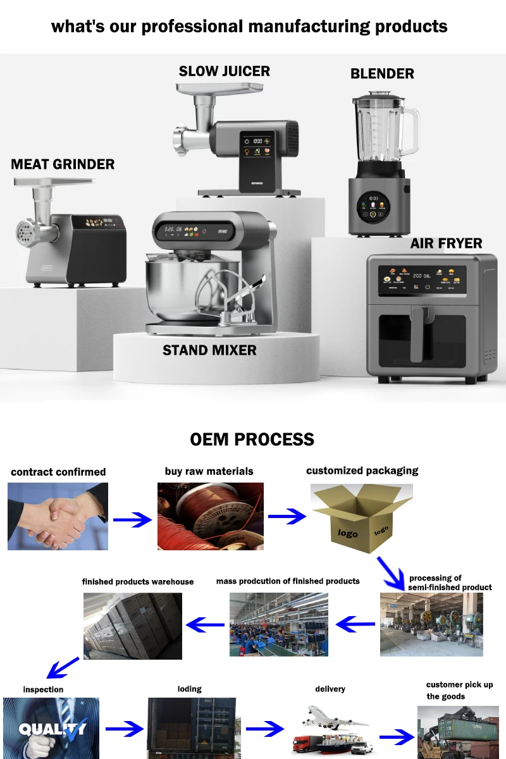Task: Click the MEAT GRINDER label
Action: [63, 164]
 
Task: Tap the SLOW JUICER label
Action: [224, 71]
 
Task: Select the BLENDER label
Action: [382, 74]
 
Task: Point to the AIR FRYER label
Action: [446, 244]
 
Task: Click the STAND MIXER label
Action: [209, 350]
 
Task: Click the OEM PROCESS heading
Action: [252, 440]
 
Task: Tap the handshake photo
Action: [58, 516]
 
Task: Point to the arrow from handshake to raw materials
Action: [133, 520]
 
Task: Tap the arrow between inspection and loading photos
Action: [125, 729]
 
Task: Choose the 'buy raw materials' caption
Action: [209, 471]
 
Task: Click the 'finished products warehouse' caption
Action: [138, 582]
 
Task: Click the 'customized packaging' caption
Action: [362, 471]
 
